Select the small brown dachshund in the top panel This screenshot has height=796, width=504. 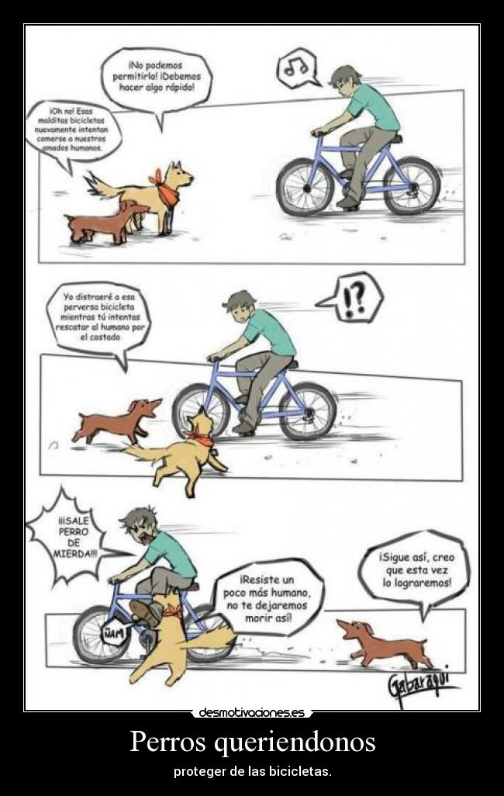coord(104,221)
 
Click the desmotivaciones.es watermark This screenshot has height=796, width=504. coord(252,711)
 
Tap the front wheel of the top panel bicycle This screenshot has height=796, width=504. coord(306,187)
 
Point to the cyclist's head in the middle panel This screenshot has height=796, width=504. coord(240,306)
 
